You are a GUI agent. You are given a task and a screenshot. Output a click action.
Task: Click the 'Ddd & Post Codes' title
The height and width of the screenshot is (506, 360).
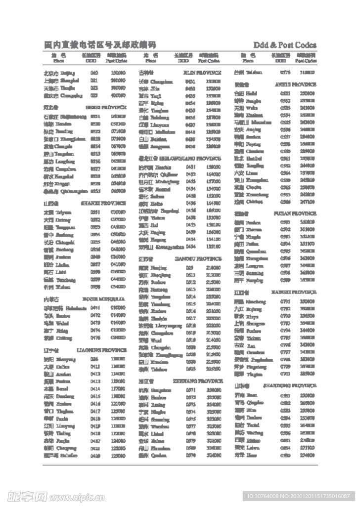[x=285, y=45]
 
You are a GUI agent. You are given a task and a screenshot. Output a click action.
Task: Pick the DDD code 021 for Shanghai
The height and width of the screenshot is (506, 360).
[x=94, y=80]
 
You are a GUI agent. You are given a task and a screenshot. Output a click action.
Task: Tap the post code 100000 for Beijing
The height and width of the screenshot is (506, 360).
[x=118, y=73]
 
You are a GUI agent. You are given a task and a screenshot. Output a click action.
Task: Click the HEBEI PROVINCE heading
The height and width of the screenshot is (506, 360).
[x=106, y=107]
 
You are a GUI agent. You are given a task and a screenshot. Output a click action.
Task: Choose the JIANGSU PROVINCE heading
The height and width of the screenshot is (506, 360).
[x=198, y=258]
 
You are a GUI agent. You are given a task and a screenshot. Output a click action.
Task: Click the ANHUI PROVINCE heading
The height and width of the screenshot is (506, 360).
[x=296, y=84]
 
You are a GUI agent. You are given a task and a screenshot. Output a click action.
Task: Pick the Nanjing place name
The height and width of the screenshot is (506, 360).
[x=159, y=267]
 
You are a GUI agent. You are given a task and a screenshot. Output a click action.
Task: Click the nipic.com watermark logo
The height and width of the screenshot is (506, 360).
[x=45, y=496]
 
